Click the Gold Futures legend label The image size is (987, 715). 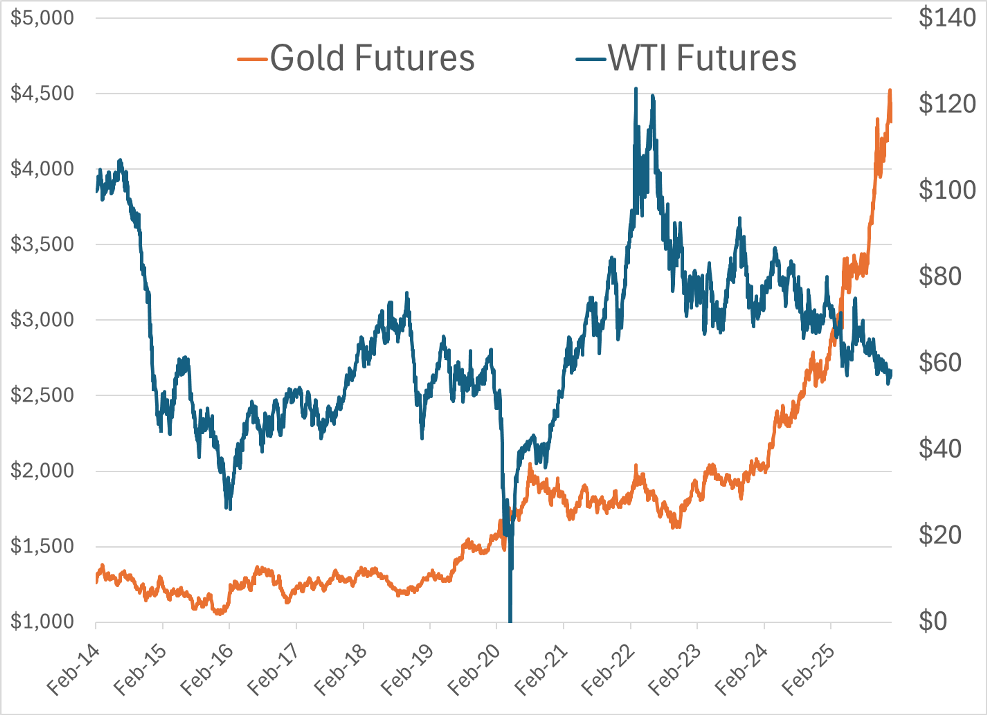(372, 58)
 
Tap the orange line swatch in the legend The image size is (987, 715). (252, 59)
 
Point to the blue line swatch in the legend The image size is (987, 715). (591, 59)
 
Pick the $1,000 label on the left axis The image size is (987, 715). (42, 622)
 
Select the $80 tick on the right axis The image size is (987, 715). (940, 276)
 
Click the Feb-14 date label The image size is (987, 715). (73, 671)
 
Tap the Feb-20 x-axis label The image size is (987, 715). (474, 671)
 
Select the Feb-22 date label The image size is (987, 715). (608, 671)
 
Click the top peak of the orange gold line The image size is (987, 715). (890, 90)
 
